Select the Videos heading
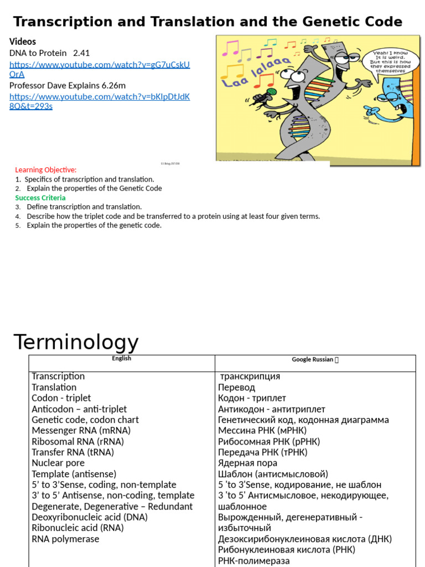[23, 42]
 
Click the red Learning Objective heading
[46, 170]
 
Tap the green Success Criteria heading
[40, 198]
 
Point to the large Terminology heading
[76, 342]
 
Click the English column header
[122, 359]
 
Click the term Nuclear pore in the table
[58, 463]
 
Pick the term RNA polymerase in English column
[65, 539]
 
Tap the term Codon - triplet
[61, 398]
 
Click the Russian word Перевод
[237, 388]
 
